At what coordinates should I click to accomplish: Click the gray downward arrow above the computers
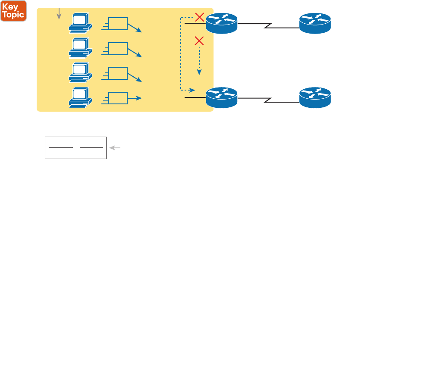coord(59,14)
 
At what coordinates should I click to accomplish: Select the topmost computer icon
coord(80,22)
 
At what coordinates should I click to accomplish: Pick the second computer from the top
coord(80,47)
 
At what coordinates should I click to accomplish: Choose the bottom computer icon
coord(80,97)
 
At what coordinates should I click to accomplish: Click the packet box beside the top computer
coord(118,24)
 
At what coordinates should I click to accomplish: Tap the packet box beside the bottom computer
coord(118,98)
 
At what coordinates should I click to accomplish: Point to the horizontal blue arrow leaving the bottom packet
coord(135,98)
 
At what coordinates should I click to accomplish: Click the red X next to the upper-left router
coord(199,17)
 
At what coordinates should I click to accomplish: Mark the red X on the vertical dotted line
coord(199,41)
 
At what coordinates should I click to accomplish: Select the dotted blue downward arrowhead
coord(199,72)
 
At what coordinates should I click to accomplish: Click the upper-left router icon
coord(222,23)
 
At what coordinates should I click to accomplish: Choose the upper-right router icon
coord(315,23)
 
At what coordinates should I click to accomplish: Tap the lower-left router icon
coord(222,98)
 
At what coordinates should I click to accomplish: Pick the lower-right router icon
coord(315,98)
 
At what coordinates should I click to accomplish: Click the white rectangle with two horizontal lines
coord(75,148)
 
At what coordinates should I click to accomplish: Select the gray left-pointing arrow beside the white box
coord(115,148)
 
